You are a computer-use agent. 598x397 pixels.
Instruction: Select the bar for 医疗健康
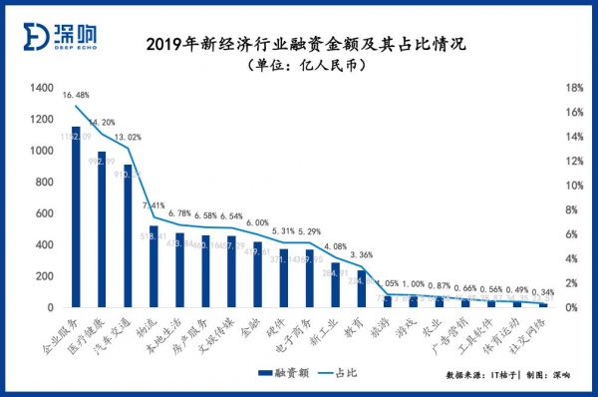(x=101, y=230)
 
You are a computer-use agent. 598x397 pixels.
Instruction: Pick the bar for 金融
(x=257, y=274)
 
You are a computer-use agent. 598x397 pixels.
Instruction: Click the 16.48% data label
(x=76, y=96)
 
